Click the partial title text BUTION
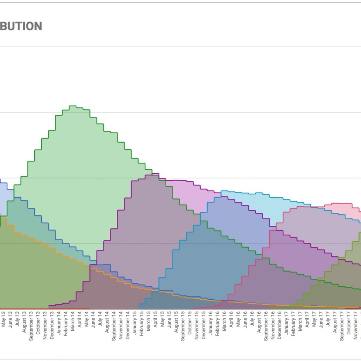[x=21, y=26]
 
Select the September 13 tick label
[x=31, y=326]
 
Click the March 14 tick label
[x=73, y=321]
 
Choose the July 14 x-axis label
[x=100, y=319]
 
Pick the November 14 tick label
[x=121, y=326]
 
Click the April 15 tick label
[x=155, y=319]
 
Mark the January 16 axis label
[x=210, y=324]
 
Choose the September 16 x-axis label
[x=266, y=326]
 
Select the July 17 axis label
[x=328, y=319]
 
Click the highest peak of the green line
[x=73, y=106]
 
